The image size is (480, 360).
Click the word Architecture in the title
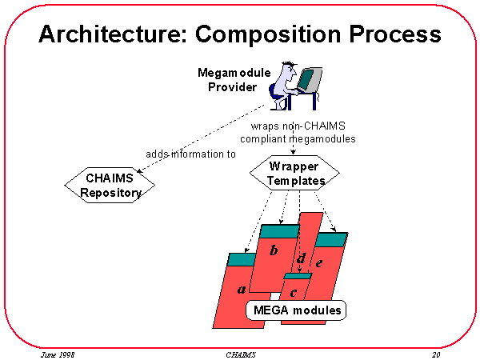pos(107,34)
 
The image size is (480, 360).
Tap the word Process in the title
pos(398,34)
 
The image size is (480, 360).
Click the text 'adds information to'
pos(190,154)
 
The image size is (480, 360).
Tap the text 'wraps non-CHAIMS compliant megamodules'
pos(298,132)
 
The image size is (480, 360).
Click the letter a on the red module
pos(242,289)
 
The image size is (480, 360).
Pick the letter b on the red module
pos(274,250)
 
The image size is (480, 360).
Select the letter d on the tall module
pos(301,258)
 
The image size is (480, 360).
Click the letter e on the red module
pos(319,262)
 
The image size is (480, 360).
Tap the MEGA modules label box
pos(297,310)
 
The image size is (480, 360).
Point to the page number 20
pos(436,353)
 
